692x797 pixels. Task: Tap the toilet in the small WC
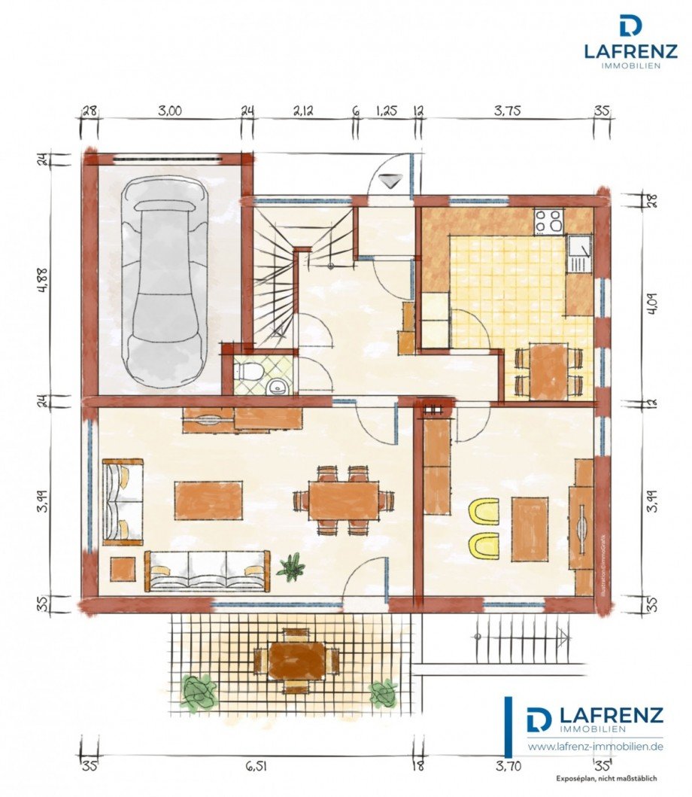tap(249, 372)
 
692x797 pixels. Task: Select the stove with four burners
tap(548, 221)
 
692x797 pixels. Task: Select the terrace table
tap(297, 660)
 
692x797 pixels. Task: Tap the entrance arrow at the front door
tap(390, 181)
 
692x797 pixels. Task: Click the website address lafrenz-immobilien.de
tap(595, 747)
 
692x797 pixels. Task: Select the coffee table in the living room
tap(208, 500)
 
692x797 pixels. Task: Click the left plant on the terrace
tap(199, 692)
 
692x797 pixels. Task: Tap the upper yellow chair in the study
tap(484, 511)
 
